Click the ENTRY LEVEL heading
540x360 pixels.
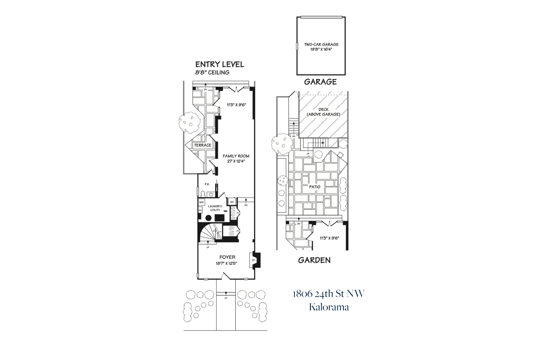pos(219,64)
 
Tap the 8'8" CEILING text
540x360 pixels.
pos(212,73)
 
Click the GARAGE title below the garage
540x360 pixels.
pos(320,82)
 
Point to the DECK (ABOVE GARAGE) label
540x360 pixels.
pos(323,112)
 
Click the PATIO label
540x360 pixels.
pos(315,187)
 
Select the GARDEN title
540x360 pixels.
pos(314,260)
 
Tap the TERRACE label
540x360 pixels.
pos(202,145)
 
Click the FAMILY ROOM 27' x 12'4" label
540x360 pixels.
pos(236,158)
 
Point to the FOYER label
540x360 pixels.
pos(227,257)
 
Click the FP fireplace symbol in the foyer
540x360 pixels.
pos(253,260)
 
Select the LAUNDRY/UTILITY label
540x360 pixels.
pos(215,208)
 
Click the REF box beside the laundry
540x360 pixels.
pos(232,202)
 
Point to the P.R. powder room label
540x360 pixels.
pos(207,184)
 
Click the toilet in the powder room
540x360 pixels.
pos(203,194)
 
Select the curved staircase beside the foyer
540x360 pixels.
pos(209,233)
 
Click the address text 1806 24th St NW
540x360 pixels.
pos(328,294)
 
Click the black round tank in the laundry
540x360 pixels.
pos(208,218)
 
